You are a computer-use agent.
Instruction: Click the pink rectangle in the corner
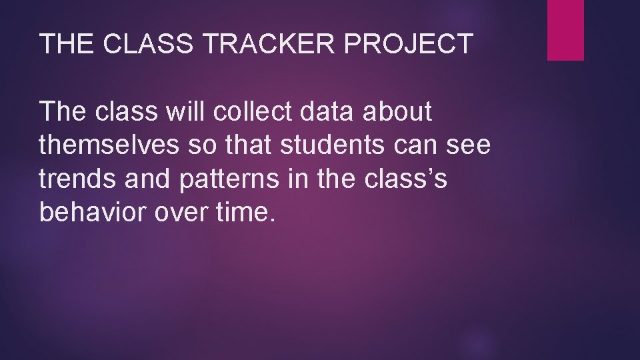565,30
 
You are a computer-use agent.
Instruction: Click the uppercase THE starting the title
64,44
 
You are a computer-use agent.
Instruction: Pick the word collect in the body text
252,113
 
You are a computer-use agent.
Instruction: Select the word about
398,113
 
